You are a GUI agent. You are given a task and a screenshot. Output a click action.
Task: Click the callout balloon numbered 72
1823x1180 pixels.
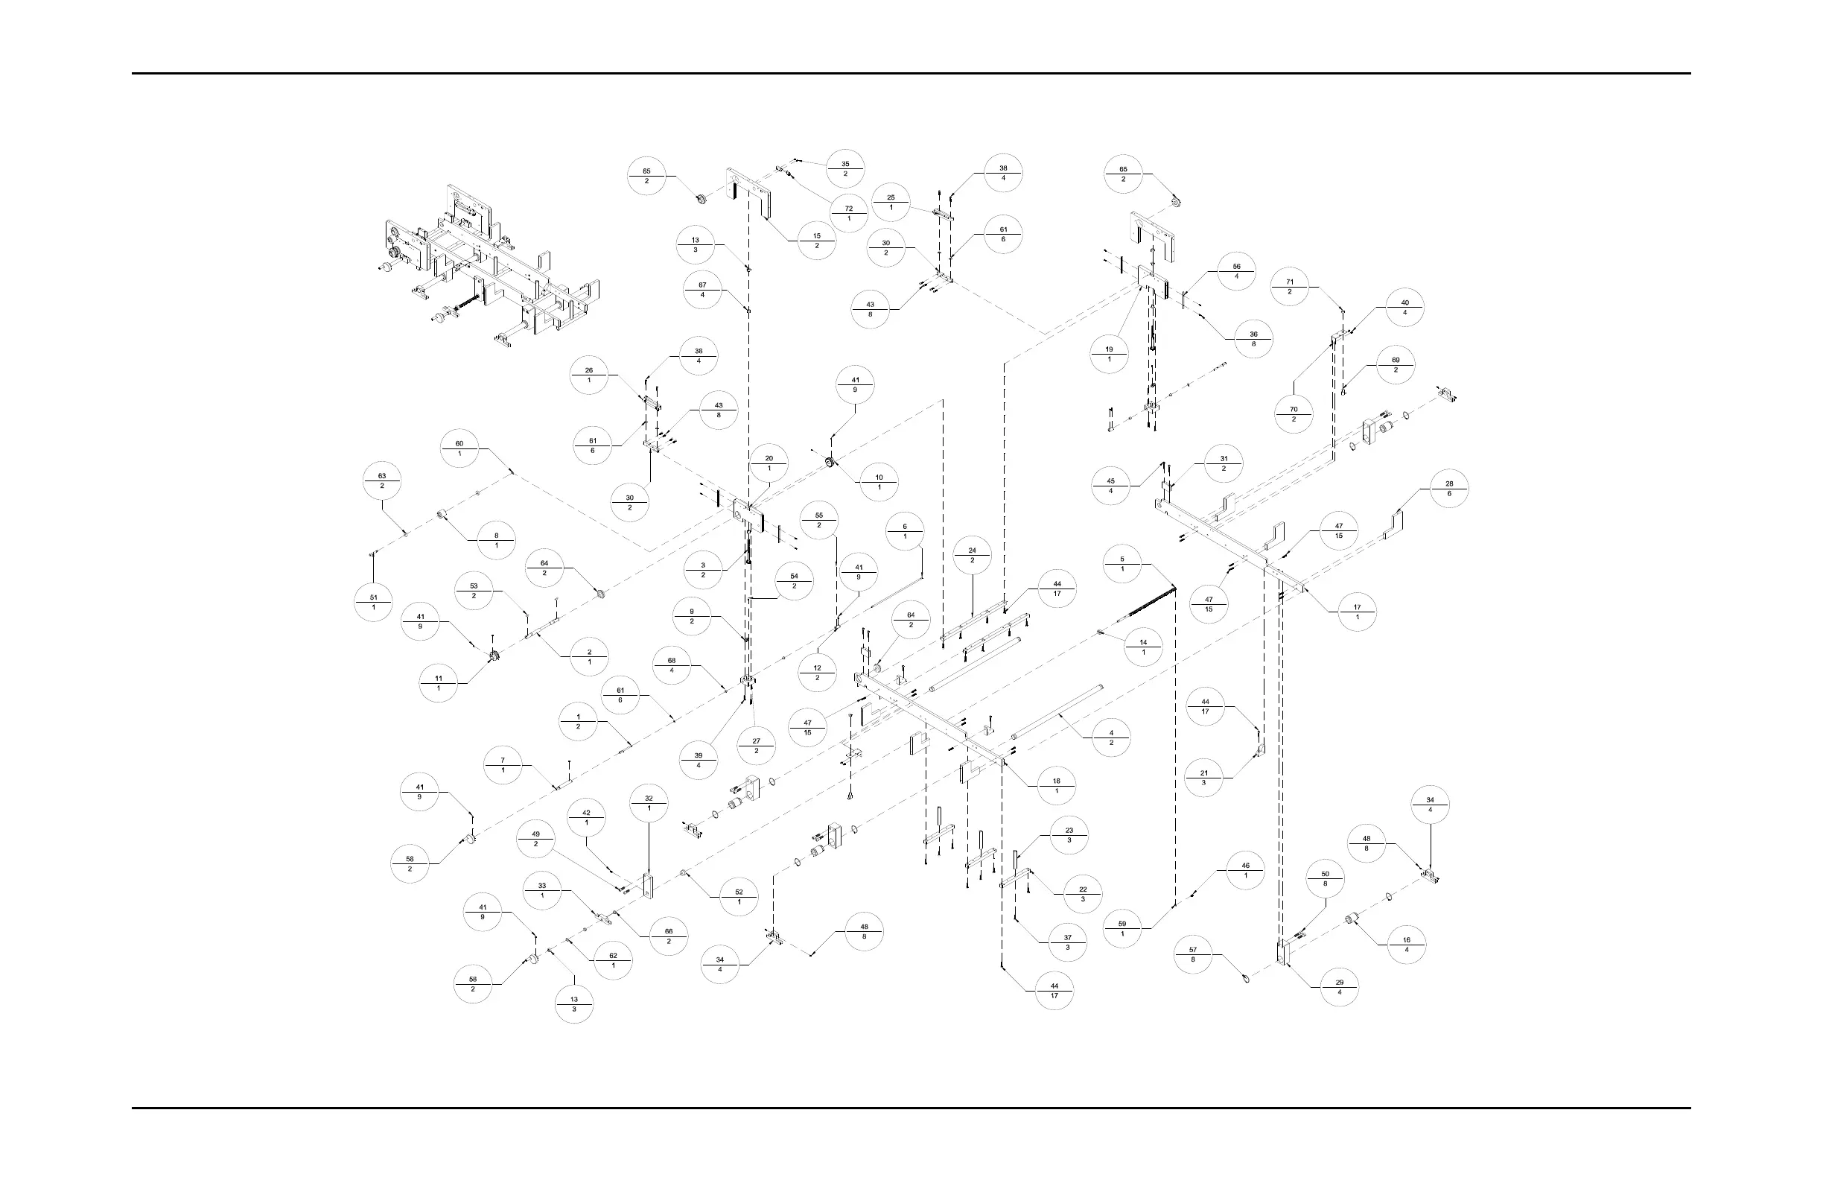coord(849,214)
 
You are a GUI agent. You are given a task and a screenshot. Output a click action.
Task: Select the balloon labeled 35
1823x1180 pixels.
coord(846,168)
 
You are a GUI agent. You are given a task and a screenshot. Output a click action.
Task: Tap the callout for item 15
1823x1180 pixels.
coord(817,241)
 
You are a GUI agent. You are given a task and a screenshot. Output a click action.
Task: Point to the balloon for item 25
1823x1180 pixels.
coord(891,203)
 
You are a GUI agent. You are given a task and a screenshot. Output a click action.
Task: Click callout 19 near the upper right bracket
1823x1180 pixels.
coord(1109,354)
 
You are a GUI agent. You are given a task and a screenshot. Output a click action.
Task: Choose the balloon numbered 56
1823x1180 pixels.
coord(1237,271)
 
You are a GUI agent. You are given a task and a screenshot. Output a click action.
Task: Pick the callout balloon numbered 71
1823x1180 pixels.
coord(1290,287)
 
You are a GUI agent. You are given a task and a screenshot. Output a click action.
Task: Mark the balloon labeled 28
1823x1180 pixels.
coord(1449,488)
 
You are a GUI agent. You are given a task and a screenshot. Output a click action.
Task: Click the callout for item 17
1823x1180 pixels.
coord(1358,612)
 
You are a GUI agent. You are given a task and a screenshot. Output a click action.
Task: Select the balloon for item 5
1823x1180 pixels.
coord(1122,564)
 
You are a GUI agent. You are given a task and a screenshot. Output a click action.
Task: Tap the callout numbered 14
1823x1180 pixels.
coord(1144,647)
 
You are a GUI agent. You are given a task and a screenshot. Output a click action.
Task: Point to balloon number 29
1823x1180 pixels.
coord(1340,987)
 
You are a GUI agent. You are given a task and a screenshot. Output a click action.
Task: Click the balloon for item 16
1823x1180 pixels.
coord(1406,945)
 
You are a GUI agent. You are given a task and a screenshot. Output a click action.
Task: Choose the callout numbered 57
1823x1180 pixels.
coord(1192,955)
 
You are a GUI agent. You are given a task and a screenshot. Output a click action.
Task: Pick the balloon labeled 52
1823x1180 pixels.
coord(739,896)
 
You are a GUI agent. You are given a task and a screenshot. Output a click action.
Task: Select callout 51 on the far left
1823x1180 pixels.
coord(374,602)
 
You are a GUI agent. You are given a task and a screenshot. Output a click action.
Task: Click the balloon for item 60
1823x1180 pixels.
coord(459,448)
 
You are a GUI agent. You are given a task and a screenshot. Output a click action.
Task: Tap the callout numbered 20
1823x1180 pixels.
coord(769,463)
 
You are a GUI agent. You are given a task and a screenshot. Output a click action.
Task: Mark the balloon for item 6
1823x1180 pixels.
coord(905,531)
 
